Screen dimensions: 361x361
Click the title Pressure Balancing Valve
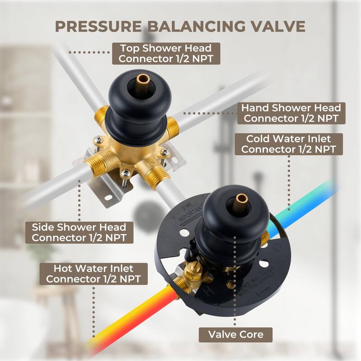pos(180,26)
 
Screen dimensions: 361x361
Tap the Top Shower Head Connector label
pos(166,54)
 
